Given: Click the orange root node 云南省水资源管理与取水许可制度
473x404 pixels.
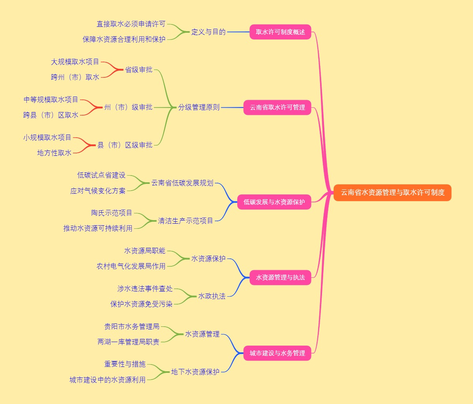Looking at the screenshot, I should click(x=392, y=193).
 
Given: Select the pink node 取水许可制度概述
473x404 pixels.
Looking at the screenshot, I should click(x=280, y=32).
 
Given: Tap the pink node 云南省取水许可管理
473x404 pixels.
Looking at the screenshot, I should click(x=277, y=107).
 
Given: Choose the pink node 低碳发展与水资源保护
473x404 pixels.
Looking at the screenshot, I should click(x=274, y=202).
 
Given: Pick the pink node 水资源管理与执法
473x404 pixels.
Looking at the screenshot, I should click(x=280, y=277).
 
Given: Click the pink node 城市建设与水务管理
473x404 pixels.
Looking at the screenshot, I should click(x=277, y=353).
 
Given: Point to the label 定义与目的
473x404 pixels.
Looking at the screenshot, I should click(x=208, y=32).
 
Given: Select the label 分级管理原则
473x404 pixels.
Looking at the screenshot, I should click(x=199, y=107).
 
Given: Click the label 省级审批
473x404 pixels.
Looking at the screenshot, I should click(x=139, y=70).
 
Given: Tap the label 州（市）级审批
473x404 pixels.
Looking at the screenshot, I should click(x=128, y=107).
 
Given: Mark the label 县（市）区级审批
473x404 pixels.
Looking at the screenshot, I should click(x=125, y=145).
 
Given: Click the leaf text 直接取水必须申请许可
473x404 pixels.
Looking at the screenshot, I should click(x=131, y=24).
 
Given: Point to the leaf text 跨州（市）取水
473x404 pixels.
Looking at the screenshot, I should click(x=75, y=77).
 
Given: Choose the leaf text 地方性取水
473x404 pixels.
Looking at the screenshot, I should click(x=54, y=153).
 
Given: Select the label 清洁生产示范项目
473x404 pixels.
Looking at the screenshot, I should click(x=185, y=221).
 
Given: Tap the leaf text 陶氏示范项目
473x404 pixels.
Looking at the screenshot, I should click(x=112, y=213).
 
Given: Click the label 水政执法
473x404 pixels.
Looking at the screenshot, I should click(x=212, y=296).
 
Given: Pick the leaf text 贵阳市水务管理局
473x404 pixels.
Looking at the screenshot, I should click(x=132, y=327).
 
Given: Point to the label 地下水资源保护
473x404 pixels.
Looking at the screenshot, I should click(x=195, y=372).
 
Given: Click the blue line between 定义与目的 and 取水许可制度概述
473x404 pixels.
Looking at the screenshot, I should click(x=238, y=32).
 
